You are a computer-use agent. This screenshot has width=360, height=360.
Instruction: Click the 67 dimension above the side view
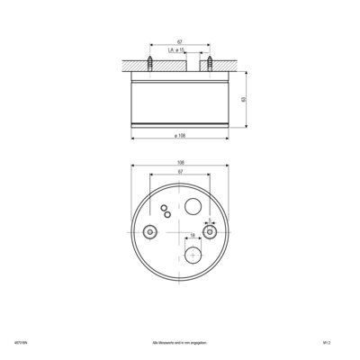coord(180,41)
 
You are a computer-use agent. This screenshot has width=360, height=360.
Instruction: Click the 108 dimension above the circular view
coord(180,164)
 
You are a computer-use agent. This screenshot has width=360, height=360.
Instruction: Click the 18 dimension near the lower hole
coord(192,237)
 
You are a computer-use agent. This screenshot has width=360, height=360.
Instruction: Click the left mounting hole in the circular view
coord(149,231)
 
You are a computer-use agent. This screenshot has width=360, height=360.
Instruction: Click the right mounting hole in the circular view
coord(209,231)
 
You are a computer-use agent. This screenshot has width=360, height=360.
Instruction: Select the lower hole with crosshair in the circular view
coord(192,255)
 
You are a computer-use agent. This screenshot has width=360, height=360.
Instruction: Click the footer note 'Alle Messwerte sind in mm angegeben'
coord(180,342)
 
